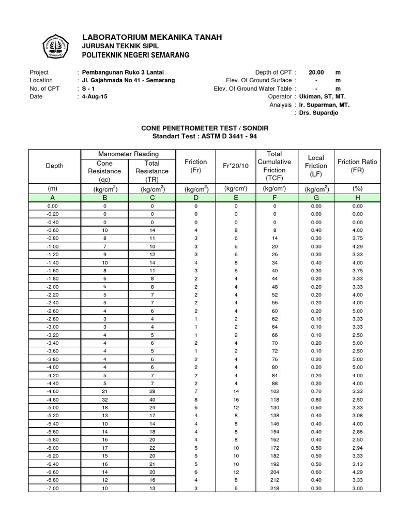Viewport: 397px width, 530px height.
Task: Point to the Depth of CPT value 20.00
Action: [316, 72]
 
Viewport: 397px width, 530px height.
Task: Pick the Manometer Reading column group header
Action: [128, 154]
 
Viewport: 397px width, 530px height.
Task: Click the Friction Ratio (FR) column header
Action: [357, 166]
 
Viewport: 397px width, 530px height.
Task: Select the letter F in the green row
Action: [274, 197]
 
